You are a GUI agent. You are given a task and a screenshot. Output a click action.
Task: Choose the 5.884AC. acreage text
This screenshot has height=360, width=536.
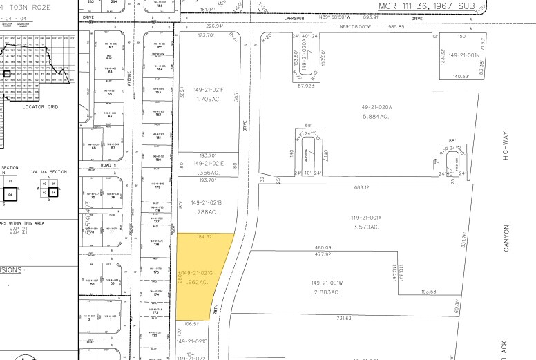click(x=376, y=116)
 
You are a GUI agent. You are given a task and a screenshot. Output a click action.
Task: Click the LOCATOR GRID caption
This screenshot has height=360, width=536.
click(x=39, y=106)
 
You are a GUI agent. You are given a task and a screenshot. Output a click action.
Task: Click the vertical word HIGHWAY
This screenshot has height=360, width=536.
click(x=506, y=147)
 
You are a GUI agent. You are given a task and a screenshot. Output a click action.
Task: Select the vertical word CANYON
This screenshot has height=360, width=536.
click(x=506, y=237)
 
